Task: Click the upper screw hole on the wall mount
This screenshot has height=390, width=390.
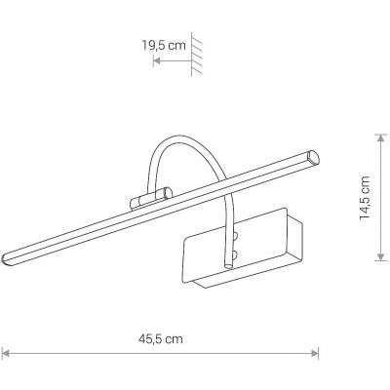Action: [x=235, y=232]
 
